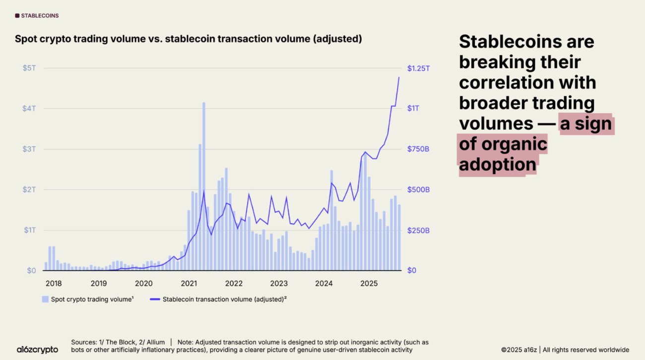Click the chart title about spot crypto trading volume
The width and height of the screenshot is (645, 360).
tap(188, 39)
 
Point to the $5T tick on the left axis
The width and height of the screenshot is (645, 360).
tap(29, 68)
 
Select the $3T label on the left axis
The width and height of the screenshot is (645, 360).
tap(29, 149)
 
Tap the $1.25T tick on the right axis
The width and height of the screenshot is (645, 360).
tap(418, 68)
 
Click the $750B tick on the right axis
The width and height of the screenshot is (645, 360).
tap(418, 149)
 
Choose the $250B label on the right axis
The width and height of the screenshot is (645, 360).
tap(418, 230)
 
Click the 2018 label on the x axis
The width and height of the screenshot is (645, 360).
tap(54, 284)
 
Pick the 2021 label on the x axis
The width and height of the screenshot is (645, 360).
tap(189, 284)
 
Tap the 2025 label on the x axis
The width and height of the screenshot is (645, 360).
tap(369, 284)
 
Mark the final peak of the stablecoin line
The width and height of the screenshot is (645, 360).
tap(399, 77)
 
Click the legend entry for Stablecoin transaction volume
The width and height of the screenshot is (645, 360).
tap(218, 299)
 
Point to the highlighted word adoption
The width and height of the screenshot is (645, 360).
tap(498, 165)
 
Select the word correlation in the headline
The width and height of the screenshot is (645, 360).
tap(527, 83)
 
